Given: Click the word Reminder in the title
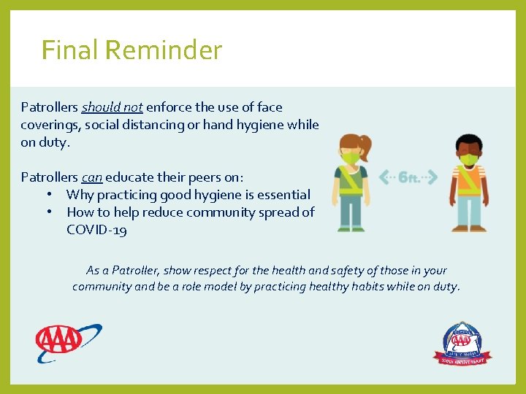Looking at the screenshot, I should click(x=164, y=50).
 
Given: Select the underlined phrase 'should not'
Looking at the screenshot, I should click(x=112, y=107).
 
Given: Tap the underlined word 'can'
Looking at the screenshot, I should click(x=91, y=177).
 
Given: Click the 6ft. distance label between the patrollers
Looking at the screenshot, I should click(x=409, y=177).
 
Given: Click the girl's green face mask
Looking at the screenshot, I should click(x=351, y=157).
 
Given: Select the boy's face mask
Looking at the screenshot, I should click(x=469, y=158).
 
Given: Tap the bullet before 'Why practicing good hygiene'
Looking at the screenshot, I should click(x=47, y=195).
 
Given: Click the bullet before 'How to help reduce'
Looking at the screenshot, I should click(x=47, y=212).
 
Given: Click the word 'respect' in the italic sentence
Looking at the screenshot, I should click(x=197, y=271).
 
